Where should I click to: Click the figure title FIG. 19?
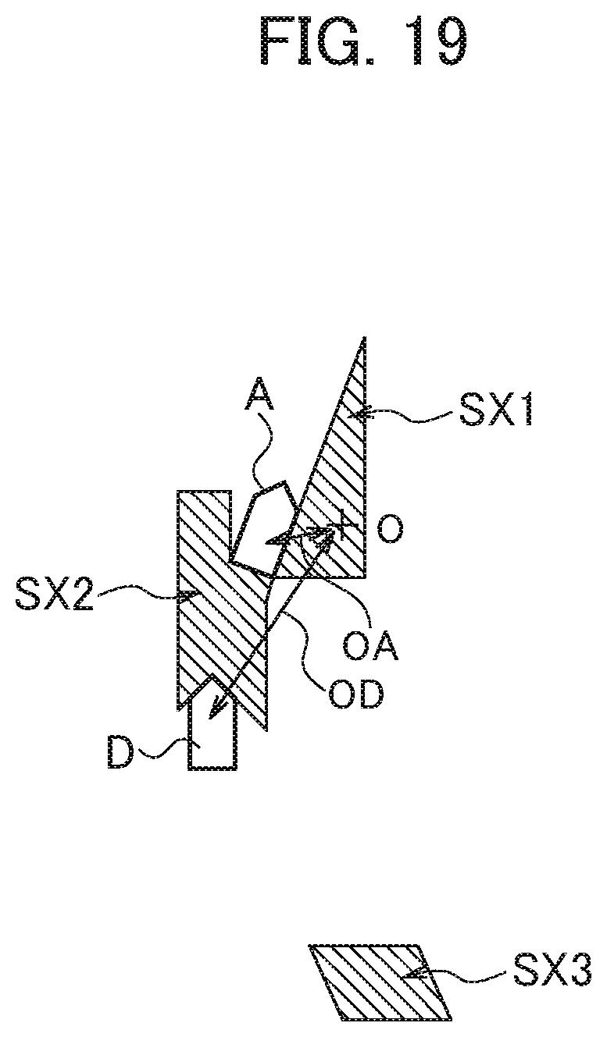[364, 41]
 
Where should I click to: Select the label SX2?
[54, 595]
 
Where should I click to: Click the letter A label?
[259, 395]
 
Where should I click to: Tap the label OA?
[371, 646]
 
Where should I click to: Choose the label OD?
[356, 695]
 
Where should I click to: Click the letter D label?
[120, 753]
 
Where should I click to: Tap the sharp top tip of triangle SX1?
[365, 338]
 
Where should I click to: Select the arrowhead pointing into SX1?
[357, 414]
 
